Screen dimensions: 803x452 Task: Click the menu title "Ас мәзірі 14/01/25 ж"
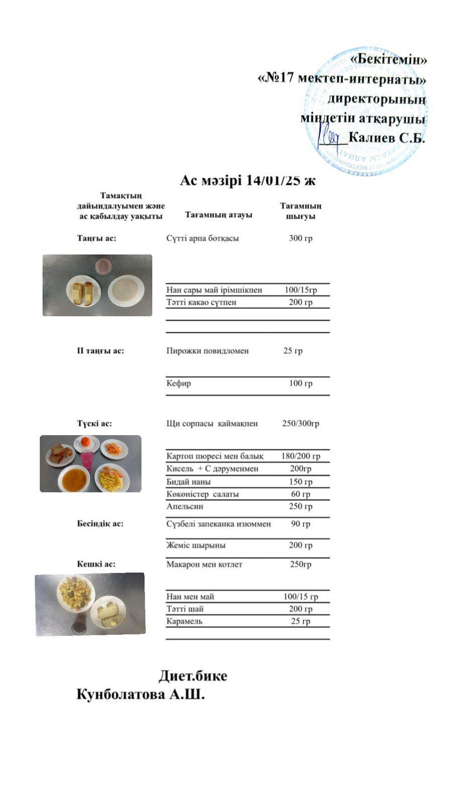247,181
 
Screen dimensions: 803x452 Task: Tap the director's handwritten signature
329,137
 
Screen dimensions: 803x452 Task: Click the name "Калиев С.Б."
387,138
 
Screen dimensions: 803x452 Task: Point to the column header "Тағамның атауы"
218,215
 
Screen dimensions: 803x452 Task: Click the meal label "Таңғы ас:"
96,238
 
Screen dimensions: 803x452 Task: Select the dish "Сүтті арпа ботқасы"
202,238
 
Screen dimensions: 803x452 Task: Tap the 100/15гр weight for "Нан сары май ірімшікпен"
300,290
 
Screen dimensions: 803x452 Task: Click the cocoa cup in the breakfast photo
103,266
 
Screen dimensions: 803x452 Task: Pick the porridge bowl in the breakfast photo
126,291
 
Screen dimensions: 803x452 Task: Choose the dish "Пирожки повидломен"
207,351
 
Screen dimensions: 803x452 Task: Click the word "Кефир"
179,383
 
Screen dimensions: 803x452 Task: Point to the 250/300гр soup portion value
300,424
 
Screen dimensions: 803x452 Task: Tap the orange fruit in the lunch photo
86,442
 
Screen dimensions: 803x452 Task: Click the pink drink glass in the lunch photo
87,459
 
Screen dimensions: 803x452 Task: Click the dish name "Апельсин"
185,506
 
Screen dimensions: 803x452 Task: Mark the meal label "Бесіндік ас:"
100,523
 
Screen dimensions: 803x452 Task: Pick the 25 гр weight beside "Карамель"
300,621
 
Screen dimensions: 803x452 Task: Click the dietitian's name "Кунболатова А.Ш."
141,695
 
